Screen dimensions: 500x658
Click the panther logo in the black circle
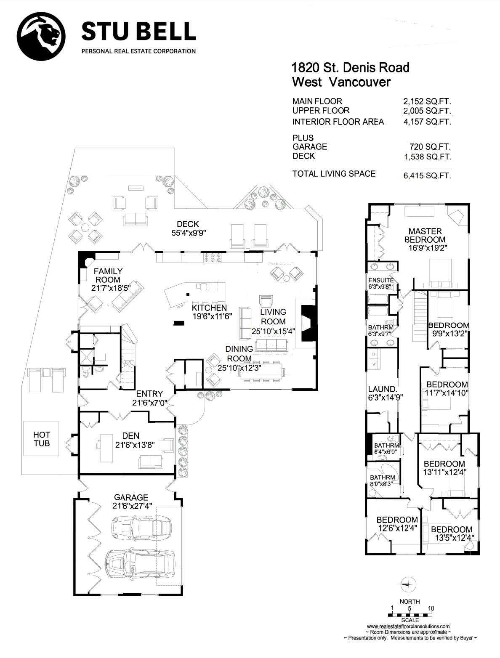click(x=41, y=37)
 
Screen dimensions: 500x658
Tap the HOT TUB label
click(x=42, y=439)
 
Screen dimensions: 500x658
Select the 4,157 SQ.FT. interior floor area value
click(x=427, y=122)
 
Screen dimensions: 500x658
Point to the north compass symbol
click(x=408, y=584)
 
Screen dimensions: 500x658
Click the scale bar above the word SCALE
click(x=410, y=615)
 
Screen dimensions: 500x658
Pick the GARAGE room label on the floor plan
click(x=131, y=497)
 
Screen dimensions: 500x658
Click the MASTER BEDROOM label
click(x=425, y=235)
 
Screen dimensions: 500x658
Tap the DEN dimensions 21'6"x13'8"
click(x=135, y=445)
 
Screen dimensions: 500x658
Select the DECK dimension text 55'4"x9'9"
click(x=189, y=233)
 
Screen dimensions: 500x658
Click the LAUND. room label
click(x=383, y=389)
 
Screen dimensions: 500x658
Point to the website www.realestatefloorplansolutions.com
click(x=408, y=626)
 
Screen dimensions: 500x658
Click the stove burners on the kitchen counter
click(x=213, y=257)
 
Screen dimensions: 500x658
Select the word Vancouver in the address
click(x=360, y=82)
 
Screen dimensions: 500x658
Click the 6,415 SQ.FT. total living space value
click(x=427, y=175)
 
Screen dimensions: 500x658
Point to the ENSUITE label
click(x=381, y=280)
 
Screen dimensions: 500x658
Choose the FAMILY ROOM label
click(x=108, y=276)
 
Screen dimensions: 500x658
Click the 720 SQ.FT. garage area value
click(x=430, y=147)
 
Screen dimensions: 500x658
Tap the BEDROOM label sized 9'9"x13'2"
click(x=449, y=325)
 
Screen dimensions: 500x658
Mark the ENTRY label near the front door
click(x=149, y=394)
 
